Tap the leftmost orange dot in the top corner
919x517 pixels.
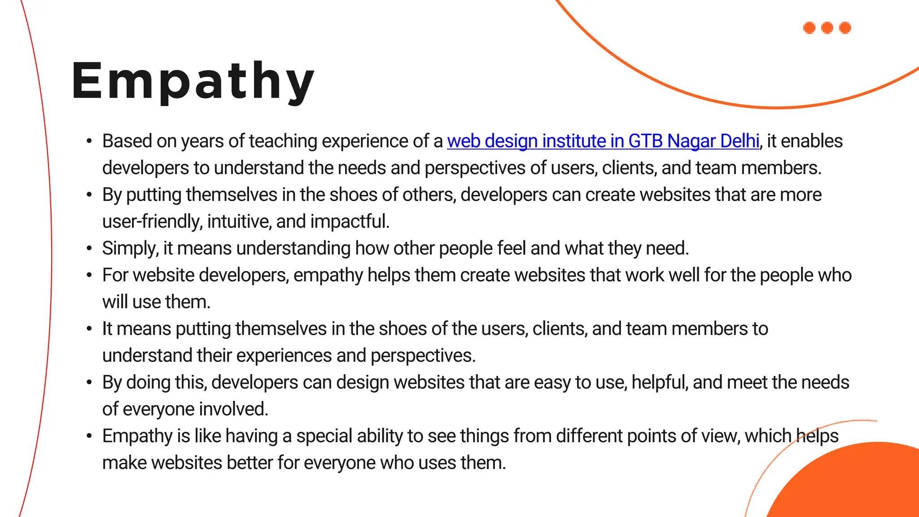pos(809,28)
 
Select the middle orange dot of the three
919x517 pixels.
pos(827,28)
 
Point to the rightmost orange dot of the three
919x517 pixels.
pos(845,28)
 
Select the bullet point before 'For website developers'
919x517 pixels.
pos(89,275)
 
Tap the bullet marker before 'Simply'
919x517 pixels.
pos(89,248)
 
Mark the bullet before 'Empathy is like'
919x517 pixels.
pos(89,436)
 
